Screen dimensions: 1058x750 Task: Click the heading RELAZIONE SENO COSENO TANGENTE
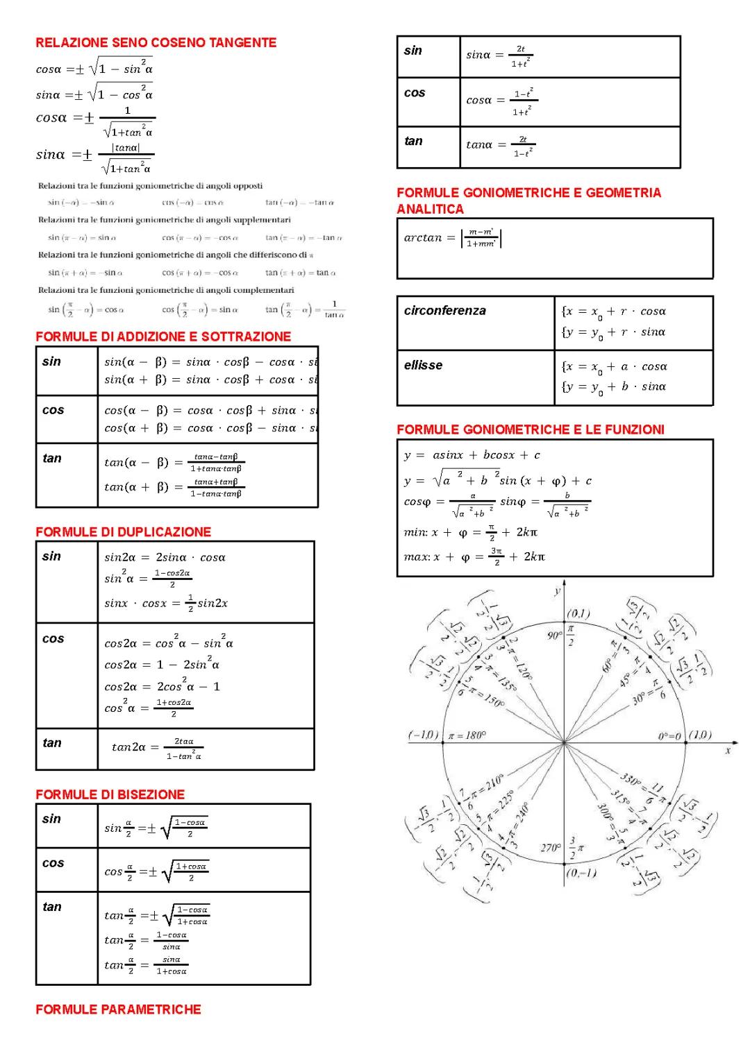coord(156,43)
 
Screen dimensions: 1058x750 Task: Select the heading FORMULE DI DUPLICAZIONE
coord(123,532)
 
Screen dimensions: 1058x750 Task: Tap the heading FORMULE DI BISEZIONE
coord(110,794)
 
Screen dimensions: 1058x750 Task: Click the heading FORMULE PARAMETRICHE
coord(118,1009)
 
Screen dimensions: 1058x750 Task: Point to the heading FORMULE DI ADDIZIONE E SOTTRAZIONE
coord(163,336)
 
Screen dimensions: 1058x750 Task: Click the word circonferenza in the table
coord(444,311)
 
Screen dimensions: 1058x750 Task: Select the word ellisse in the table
coord(423,365)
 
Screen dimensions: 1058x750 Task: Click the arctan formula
coord(452,239)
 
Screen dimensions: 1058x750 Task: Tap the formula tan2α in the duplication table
coord(157,748)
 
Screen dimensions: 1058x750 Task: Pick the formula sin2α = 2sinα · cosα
coord(165,557)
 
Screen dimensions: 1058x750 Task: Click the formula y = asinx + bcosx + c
coord(472,455)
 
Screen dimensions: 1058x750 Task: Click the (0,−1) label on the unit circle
coord(581,873)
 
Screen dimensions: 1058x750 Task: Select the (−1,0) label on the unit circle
coord(423,735)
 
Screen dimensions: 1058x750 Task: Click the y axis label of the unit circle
coord(557,590)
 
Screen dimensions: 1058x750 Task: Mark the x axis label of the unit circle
coord(727,750)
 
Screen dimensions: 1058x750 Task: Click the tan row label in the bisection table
coord(52,907)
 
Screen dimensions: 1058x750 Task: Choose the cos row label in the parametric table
coord(415,93)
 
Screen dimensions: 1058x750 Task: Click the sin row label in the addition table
coord(52,361)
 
